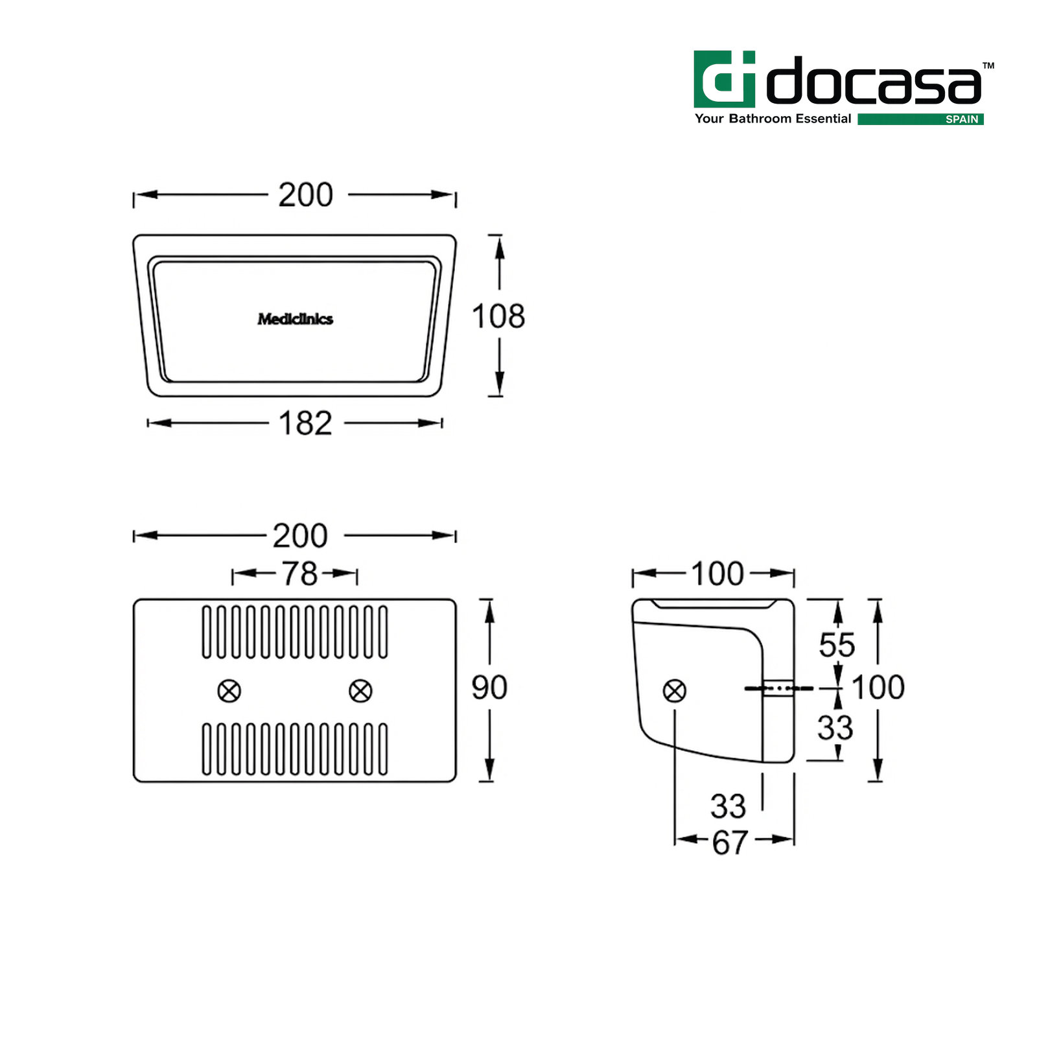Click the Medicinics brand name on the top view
point(296,319)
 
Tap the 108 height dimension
point(498,316)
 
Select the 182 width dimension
point(305,423)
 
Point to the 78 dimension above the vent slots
point(299,574)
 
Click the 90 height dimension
point(489,687)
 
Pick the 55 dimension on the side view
point(837,645)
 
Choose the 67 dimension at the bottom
point(730,843)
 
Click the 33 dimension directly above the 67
point(728,806)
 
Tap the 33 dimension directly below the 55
point(835,727)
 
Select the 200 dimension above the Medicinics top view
point(306,194)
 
